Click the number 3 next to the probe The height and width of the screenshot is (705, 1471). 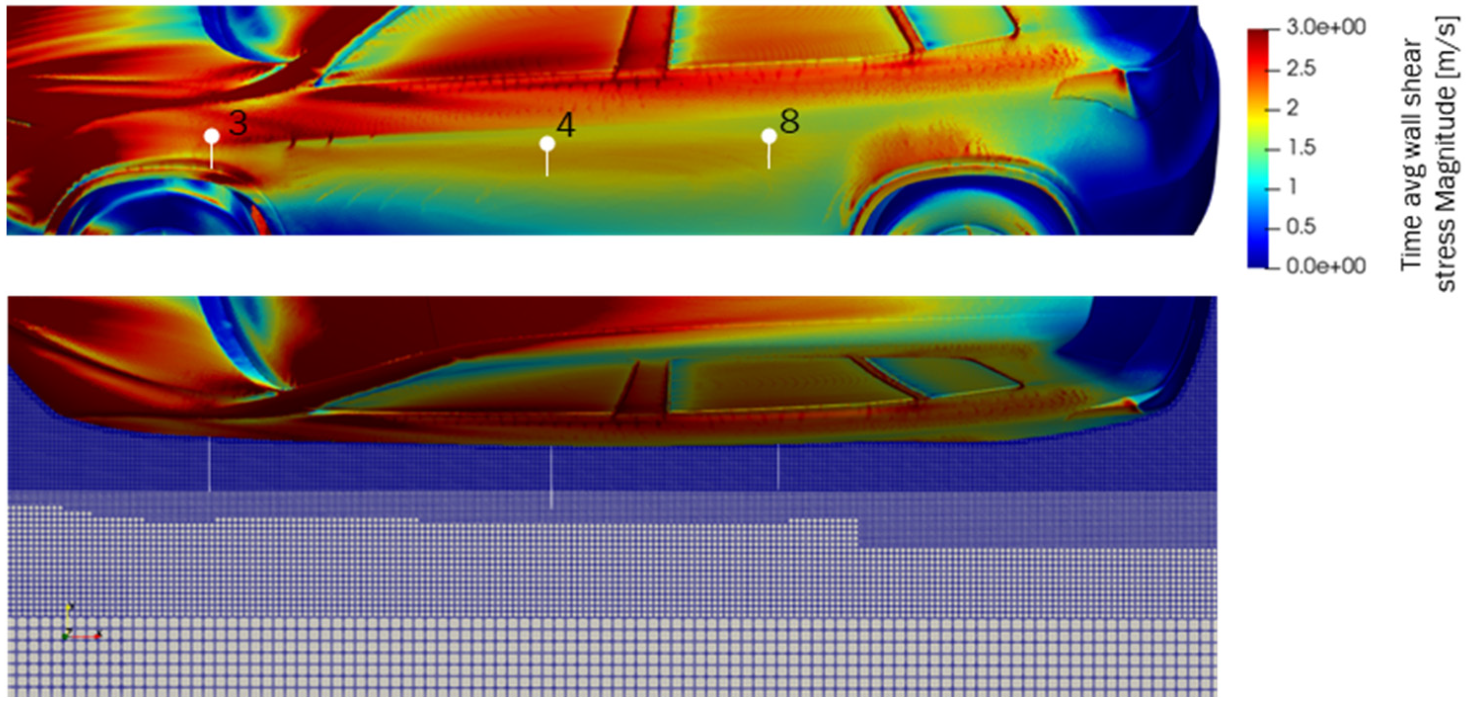click(x=238, y=123)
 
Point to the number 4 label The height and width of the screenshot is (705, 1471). click(x=565, y=126)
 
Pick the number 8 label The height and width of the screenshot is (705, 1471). click(x=789, y=121)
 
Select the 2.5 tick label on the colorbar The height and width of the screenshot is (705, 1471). click(x=1301, y=68)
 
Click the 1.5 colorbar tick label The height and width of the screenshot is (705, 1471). click(x=1301, y=148)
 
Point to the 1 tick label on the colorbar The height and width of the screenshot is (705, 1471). click(x=1292, y=187)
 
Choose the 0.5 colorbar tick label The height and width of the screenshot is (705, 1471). click(x=1301, y=227)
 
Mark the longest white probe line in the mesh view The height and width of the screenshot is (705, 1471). click(x=551, y=477)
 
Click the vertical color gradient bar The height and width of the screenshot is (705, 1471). click(x=1257, y=148)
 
